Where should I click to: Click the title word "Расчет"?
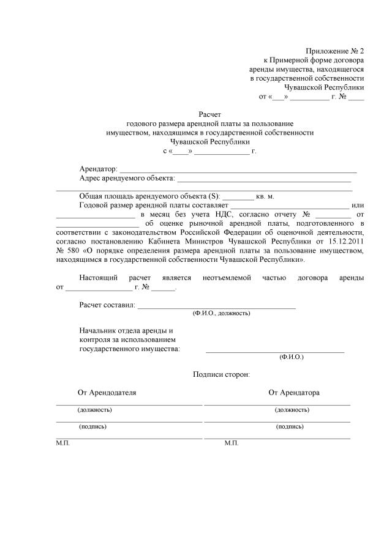[209, 114]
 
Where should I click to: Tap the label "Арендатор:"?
[98, 169]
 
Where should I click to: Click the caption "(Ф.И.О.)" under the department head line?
[291, 356]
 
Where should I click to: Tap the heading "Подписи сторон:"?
[221, 374]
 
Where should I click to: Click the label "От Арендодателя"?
[107, 392]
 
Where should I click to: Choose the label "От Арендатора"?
[294, 392]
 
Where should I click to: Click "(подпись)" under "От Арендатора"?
[290, 426]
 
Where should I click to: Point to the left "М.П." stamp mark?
[63, 442]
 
